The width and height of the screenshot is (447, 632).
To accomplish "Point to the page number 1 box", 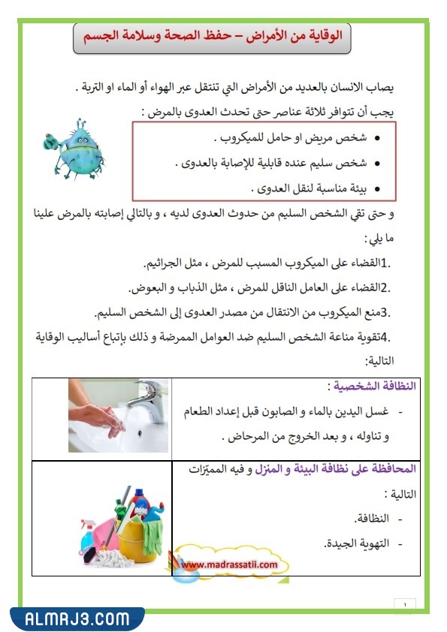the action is pos(405,604).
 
